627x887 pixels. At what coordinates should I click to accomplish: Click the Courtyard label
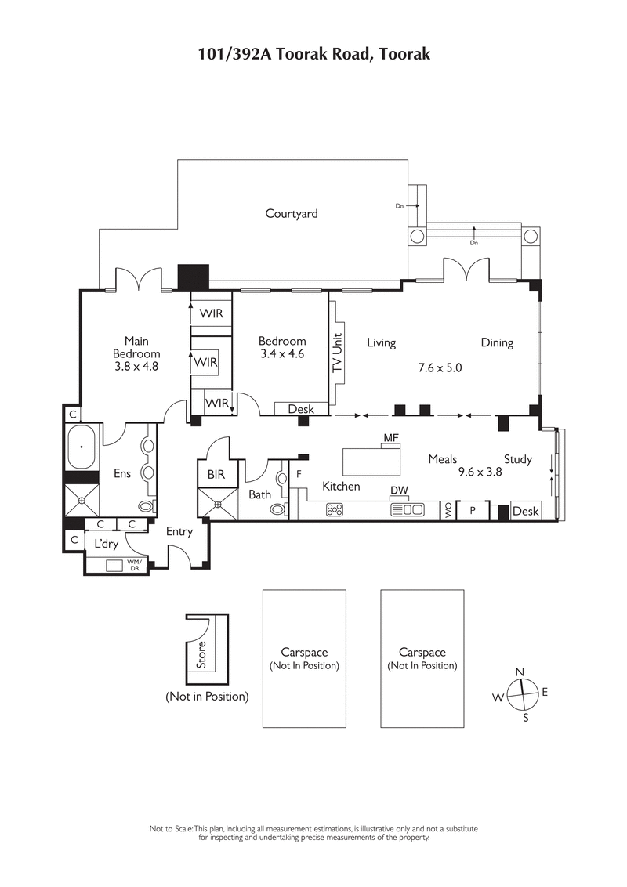click(x=292, y=213)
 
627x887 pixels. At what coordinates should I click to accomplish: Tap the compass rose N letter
click(x=520, y=672)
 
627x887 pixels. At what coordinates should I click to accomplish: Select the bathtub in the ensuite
click(x=80, y=447)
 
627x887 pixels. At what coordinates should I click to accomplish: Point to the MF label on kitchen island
click(x=391, y=436)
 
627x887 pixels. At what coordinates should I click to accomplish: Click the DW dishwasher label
click(x=400, y=491)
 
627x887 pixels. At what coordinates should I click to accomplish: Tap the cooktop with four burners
click(x=334, y=509)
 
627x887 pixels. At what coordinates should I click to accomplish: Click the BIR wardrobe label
click(x=216, y=475)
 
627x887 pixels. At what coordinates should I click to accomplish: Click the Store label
click(x=201, y=655)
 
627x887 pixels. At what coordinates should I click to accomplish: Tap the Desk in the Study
click(x=525, y=511)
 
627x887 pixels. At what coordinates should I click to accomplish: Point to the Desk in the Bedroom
click(x=301, y=409)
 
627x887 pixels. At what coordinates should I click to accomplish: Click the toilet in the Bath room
click(x=277, y=509)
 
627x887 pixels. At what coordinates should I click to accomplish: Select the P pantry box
click(x=473, y=510)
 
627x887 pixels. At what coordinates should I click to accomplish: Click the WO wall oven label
click(x=448, y=510)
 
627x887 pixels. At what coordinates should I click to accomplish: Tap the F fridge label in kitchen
click(x=299, y=475)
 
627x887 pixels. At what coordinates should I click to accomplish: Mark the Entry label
click(x=179, y=531)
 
